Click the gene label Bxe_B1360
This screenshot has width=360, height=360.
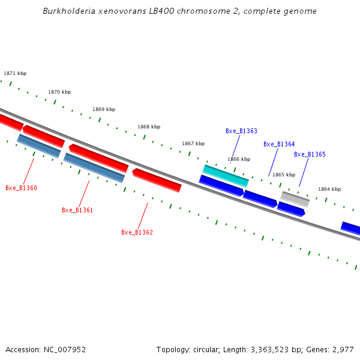pos(21,188)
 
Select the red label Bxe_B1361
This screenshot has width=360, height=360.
pos(77,211)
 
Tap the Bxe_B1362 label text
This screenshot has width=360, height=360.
pos(137,233)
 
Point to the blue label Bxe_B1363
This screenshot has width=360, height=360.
pos(241,131)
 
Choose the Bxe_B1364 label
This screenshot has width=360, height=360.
pos(279,144)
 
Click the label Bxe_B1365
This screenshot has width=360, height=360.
pos(310,155)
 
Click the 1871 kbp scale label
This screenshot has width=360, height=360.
pos(15,73)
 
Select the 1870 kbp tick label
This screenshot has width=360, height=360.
pos(59,92)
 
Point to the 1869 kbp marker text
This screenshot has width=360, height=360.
pos(104,110)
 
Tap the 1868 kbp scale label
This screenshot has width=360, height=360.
pos(149,127)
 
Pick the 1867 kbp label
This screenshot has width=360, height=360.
pos(193,143)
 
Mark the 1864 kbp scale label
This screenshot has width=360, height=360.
pos(329,189)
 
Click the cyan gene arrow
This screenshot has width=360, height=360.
pos(226,175)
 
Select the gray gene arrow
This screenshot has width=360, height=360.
pos(295,199)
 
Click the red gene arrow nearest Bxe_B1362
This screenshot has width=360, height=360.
pos(157,180)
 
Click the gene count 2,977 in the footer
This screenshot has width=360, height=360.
pos(343,349)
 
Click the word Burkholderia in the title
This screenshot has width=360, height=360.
pos(67,11)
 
